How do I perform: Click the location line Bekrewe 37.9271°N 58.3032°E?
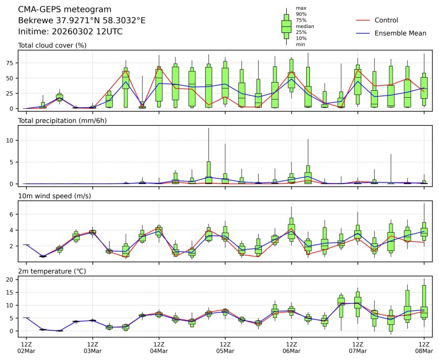pyautogui.click(x=82, y=21)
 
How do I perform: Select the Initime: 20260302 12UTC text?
pyautogui.click(x=70, y=31)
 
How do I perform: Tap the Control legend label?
pyautogui.click(x=386, y=20)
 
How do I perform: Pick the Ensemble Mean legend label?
pyautogui.click(x=400, y=33)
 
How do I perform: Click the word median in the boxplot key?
pyautogui.click(x=305, y=26)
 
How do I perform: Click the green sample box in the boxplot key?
pyautogui.click(x=286, y=26)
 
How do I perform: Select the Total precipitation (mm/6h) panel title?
pyautogui.click(x=62, y=120)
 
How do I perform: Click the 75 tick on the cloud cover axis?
pyautogui.click(x=13, y=63)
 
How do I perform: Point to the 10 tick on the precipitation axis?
pyautogui.click(x=13, y=140)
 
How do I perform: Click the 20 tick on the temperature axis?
pyautogui.click(x=13, y=280)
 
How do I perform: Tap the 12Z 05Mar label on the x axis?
pyautogui.click(x=225, y=347)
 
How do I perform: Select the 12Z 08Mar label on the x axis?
pyautogui.click(x=424, y=347)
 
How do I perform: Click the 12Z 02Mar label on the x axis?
pyautogui.click(x=26, y=347)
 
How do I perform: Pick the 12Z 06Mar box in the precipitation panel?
pyautogui.click(x=292, y=179)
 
